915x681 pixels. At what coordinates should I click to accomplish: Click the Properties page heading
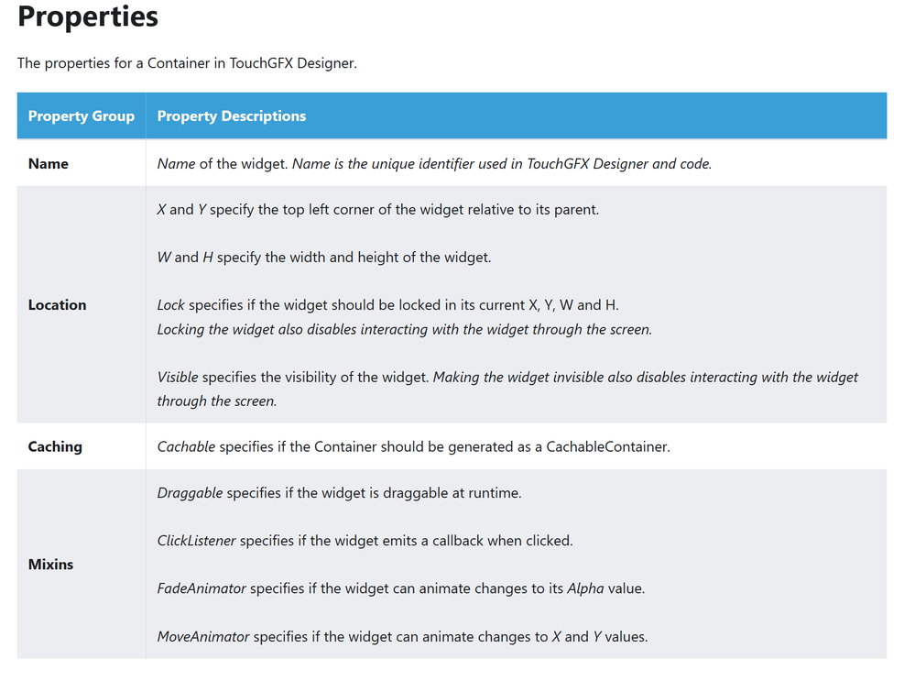tap(88, 16)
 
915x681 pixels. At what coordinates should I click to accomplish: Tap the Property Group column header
tap(82, 116)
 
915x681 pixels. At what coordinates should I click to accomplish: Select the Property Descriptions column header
tap(232, 116)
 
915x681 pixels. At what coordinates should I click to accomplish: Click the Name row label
tap(49, 164)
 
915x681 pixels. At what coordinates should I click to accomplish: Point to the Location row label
tap(57, 305)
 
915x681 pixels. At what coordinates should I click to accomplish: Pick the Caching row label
tap(55, 447)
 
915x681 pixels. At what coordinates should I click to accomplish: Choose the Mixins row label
tap(50, 565)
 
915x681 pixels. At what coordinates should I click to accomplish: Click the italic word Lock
tap(170, 305)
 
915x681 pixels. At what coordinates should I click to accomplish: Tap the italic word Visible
tap(178, 378)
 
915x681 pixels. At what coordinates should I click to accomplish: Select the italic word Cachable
tap(186, 447)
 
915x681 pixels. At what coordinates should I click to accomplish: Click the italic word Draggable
tap(190, 493)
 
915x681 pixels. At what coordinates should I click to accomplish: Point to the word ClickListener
tap(196, 541)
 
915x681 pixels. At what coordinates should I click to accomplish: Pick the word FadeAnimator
tap(202, 588)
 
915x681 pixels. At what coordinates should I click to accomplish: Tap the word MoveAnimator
tap(203, 636)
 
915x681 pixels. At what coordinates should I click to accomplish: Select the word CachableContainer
tap(608, 447)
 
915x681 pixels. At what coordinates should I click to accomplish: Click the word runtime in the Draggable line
tap(491, 493)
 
